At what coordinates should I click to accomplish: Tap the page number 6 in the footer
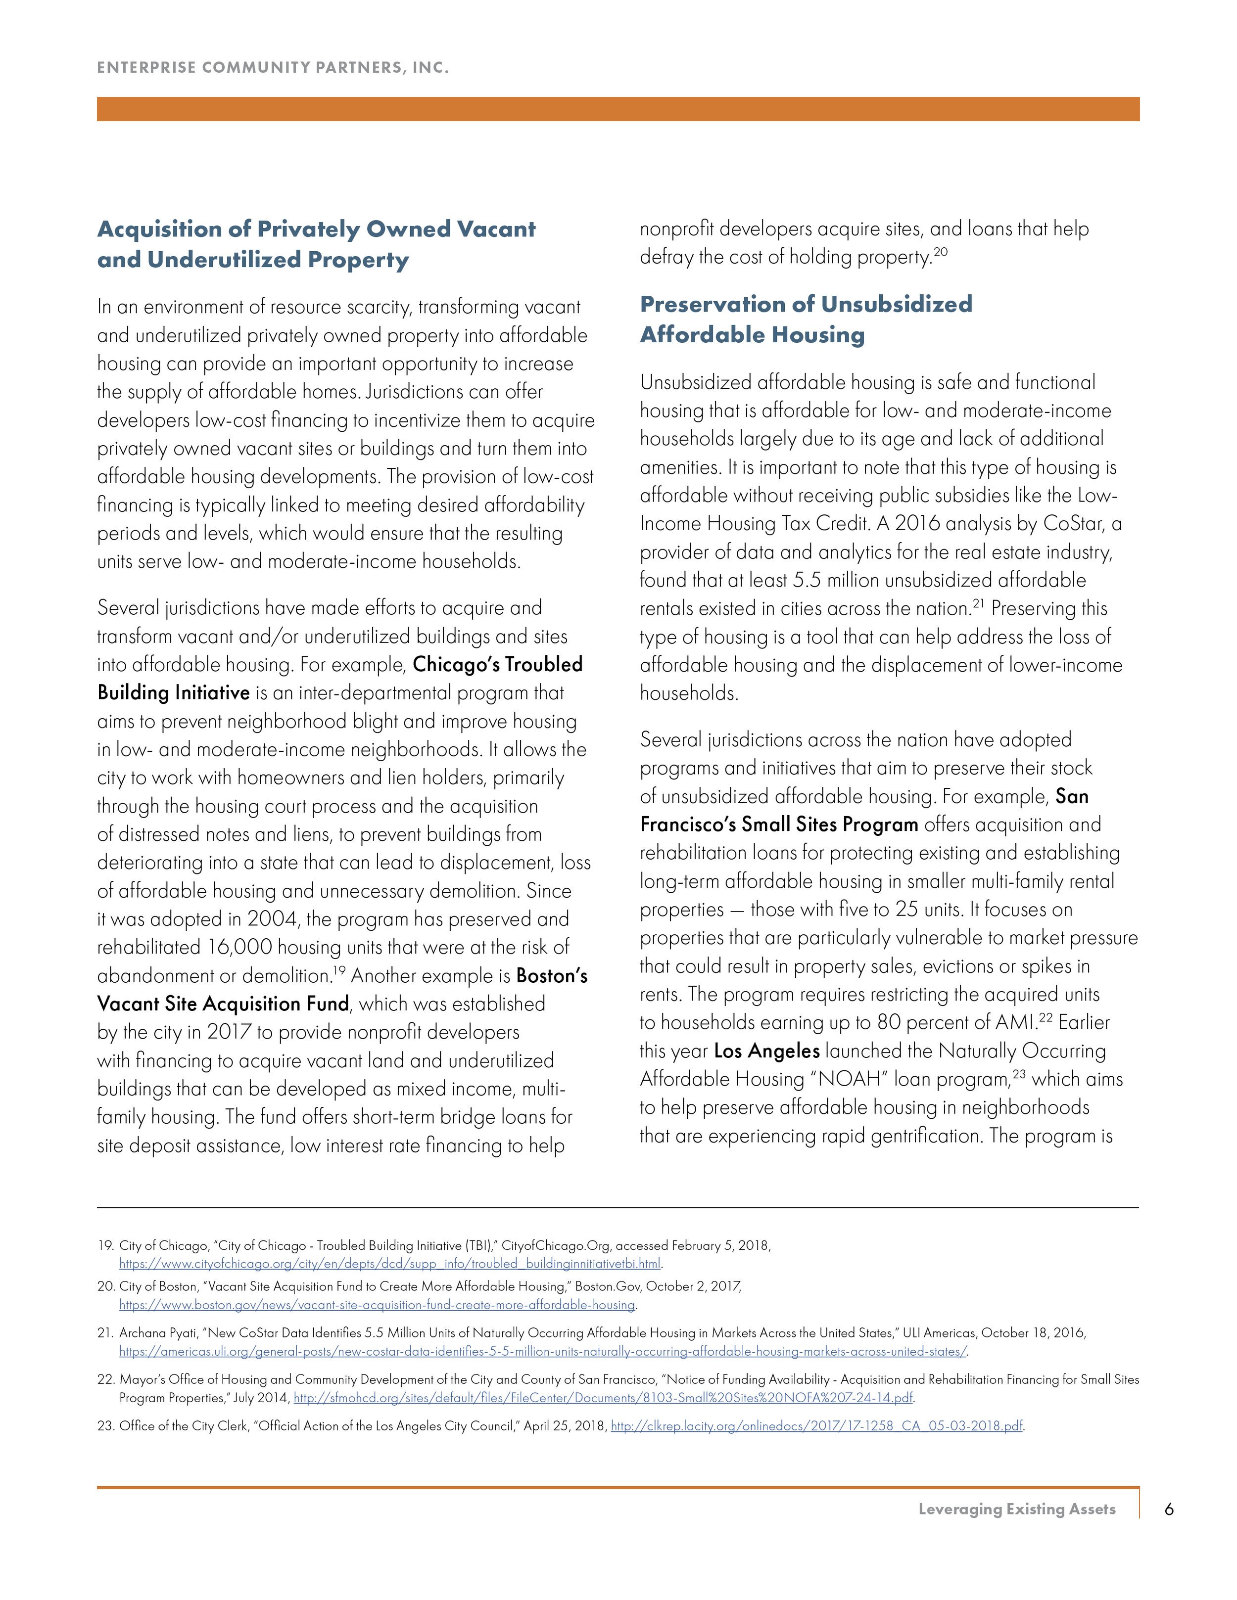point(1169,1509)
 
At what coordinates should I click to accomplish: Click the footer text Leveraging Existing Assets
point(1016,1509)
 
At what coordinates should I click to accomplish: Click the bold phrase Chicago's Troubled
point(498,664)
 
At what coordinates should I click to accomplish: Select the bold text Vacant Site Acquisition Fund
point(223,1004)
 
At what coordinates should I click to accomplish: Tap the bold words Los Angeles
point(766,1051)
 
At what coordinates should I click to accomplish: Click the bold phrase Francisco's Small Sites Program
point(778,825)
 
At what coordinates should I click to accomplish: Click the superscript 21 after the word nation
point(978,604)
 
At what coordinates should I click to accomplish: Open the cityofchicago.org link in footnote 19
point(390,1264)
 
